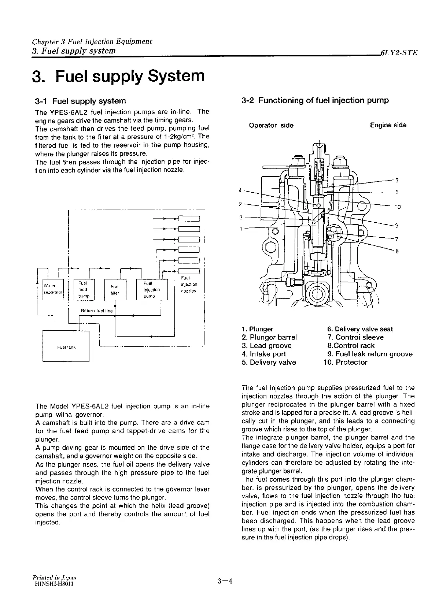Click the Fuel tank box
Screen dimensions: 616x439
tap(66, 346)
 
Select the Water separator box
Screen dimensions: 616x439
tap(54, 289)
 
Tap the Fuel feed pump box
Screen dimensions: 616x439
tap(84, 289)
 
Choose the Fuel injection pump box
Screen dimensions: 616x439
tap(151, 289)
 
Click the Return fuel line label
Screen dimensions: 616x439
tap(97, 311)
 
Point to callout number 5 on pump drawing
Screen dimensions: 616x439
tap(396, 180)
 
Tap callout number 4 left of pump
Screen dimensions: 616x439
tap(240, 190)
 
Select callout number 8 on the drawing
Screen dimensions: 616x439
tap(396, 251)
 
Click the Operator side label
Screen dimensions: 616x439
tap(271, 125)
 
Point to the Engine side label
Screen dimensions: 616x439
tap(388, 125)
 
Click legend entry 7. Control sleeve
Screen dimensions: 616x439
tap(355, 337)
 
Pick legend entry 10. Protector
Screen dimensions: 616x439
tap(345, 362)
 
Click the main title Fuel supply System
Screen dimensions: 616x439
tap(118, 76)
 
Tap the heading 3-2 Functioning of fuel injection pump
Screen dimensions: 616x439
tap(315, 100)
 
